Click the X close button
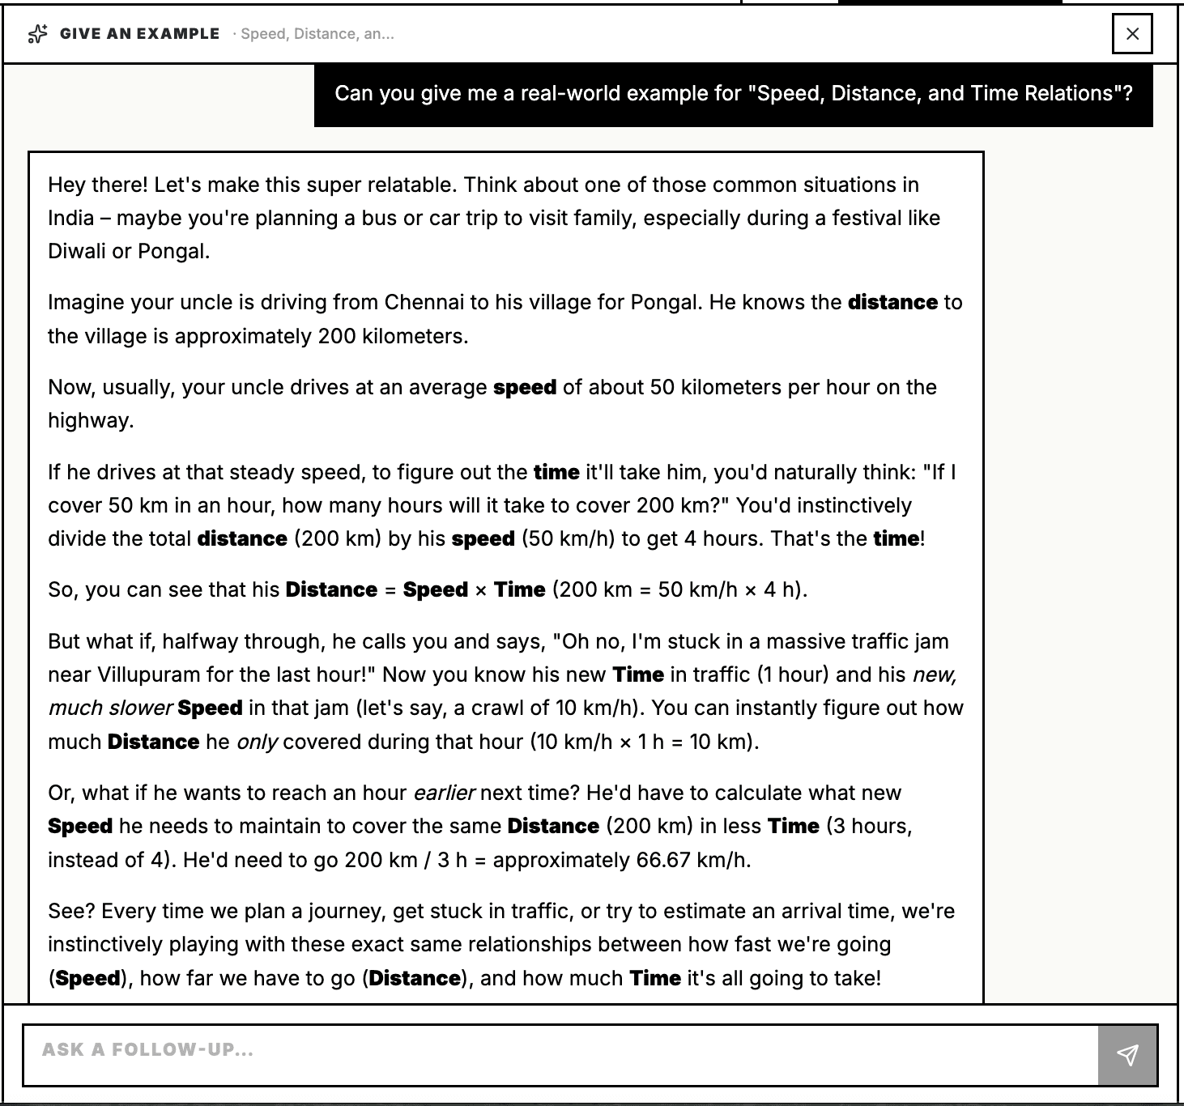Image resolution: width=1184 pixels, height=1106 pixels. point(1132,34)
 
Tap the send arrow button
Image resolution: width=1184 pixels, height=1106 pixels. point(1127,1054)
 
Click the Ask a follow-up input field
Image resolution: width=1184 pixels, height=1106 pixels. point(559,1054)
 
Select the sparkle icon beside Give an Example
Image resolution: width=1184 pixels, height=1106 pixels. point(37,34)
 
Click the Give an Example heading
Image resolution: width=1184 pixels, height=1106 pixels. point(139,34)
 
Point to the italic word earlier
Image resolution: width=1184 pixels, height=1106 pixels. point(444,793)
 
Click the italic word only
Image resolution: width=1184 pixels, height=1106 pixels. point(257,742)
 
